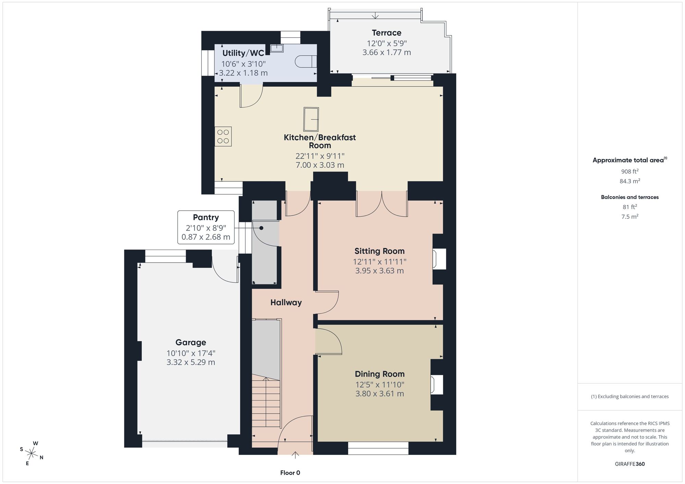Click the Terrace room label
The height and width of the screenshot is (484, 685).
click(387, 33)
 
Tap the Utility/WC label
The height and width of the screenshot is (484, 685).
click(243, 53)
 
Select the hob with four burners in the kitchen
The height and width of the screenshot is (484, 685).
click(223, 137)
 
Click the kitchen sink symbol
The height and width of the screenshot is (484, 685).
click(311, 119)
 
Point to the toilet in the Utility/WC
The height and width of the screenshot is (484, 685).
click(306, 62)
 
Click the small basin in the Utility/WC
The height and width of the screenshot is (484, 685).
click(277, 48)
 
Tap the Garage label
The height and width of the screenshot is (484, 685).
click(191, 342)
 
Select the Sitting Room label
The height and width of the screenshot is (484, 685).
click(379, 251)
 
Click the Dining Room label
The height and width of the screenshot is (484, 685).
click(379, 374)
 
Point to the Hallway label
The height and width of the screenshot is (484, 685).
click(286, 303)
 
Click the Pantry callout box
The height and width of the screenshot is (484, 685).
click(206, 227)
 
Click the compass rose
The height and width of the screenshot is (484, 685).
click(32, 454)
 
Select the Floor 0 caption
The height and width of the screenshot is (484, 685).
click(290, 473)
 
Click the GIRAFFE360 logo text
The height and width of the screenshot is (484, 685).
click(630, 464)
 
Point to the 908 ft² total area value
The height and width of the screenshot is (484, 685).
click(630, 171)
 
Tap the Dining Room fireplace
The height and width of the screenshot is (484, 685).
click(436, 385)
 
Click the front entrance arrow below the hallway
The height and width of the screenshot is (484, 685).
click(295, 455)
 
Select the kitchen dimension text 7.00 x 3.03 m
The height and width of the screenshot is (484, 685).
click(320, 165)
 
